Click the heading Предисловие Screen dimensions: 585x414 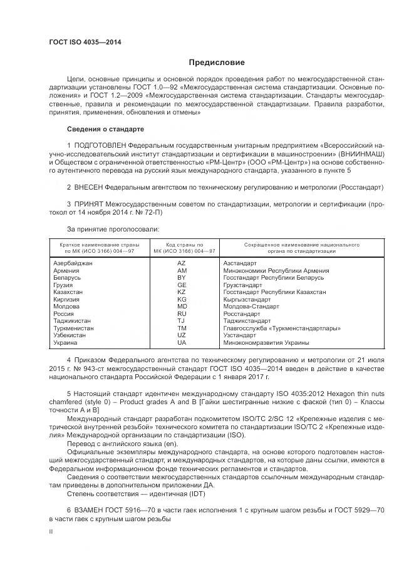(x=217, y=63)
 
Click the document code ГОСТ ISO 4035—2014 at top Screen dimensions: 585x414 (x=85, y=43)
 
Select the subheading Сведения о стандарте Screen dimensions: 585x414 (x=105, y=129)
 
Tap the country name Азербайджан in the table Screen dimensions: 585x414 (x=73, y=263)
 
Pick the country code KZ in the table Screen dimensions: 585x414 (x=182, y=292)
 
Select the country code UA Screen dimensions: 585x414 (x=182, y=343)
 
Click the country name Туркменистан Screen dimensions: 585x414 (x=74, y=328)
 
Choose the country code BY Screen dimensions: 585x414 (x=182, y=278)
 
